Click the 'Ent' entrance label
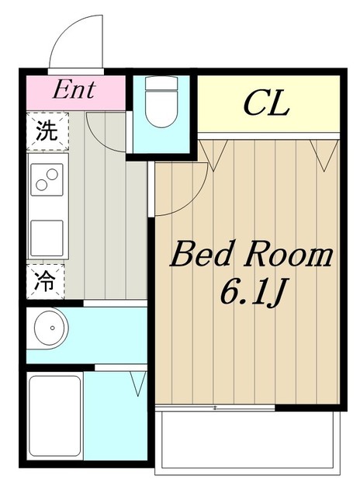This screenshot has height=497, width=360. [x=74, y=90]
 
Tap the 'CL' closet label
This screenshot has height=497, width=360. [x=267, y=103]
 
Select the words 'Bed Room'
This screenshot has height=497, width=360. [x=251, y=254]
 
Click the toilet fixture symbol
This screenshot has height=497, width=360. [x=161, y=102]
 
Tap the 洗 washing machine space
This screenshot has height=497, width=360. [x=47, y=131]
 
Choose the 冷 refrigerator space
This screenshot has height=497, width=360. [x=46, y=282]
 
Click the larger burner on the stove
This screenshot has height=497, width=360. [x=52, y=174]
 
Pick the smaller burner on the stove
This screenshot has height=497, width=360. [x=41, y=185]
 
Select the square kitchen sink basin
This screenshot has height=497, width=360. [x=47, y=238]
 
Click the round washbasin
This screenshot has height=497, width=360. [x=50, y=328]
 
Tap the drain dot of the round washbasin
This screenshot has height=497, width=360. [x=53, y=328]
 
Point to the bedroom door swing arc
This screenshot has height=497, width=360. [x=196, y=199]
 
